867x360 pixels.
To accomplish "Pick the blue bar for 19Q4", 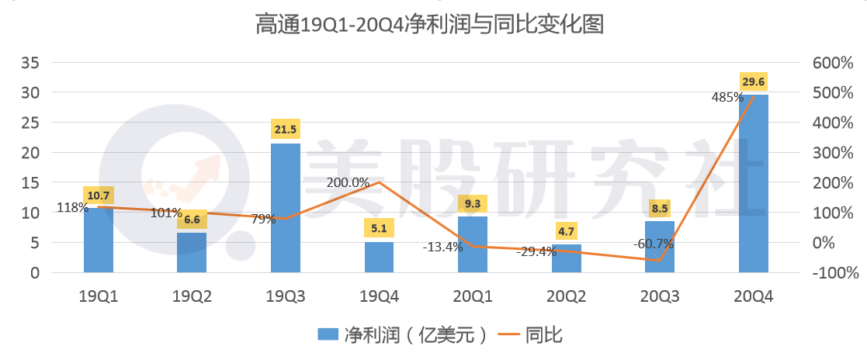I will [379, 258].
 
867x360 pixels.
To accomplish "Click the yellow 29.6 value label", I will [753, 81].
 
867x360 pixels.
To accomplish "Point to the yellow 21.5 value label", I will [285, 130].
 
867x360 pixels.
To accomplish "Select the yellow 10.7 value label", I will [99, 196].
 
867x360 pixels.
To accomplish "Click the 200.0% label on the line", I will [348, 182].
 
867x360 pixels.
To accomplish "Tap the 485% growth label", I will [728, 98].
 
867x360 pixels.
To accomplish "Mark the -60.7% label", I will [654, 244].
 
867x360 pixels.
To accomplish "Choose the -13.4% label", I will [442, 247].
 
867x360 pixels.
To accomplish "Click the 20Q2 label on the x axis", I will [566, 296].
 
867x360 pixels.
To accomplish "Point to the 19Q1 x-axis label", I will [99, 296].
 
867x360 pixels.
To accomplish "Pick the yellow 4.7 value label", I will [566, 230].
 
